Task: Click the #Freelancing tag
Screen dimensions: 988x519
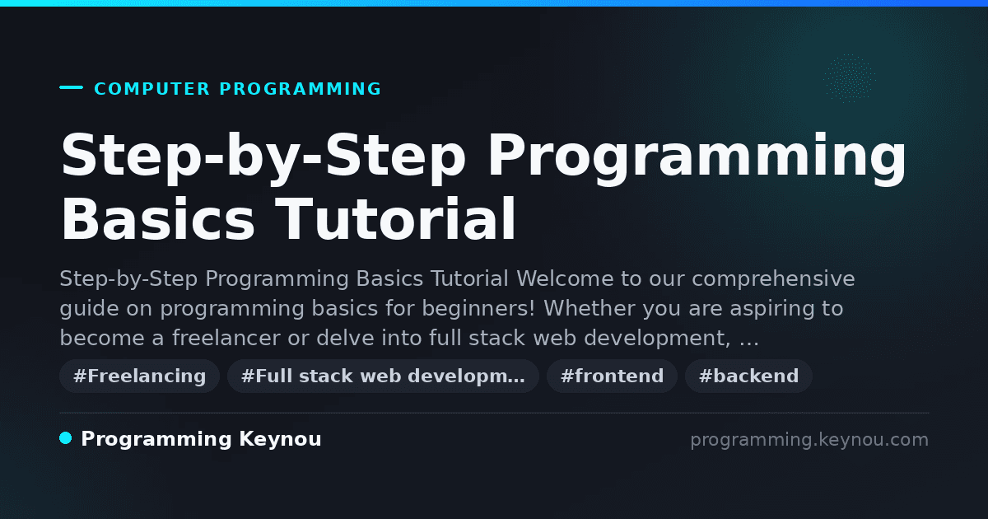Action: pos(139,376)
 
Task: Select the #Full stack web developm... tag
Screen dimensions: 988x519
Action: pos(383,376)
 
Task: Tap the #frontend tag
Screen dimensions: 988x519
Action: pos(612,376)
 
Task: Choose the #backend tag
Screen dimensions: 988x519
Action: pos(748,376)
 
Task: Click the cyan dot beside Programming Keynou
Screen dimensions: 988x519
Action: pos(66,438)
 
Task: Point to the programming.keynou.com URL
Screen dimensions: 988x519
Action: pos(809,440)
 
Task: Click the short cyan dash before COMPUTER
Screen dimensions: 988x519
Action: pos(71,87)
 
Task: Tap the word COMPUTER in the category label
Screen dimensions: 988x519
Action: pos(152,89)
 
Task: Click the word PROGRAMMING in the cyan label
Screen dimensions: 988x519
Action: pos(300,89)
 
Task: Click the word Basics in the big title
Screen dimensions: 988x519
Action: pos(157,219)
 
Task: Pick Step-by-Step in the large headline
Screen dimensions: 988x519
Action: pos(263,158)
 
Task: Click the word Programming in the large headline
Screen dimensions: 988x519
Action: pos(696,158)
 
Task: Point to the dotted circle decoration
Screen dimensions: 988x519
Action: pos(850,78)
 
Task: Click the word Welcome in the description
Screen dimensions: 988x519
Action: pos(566,279)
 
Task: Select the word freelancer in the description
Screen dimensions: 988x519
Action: pos(226,338)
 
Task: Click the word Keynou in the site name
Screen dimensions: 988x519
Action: pos(280,440)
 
